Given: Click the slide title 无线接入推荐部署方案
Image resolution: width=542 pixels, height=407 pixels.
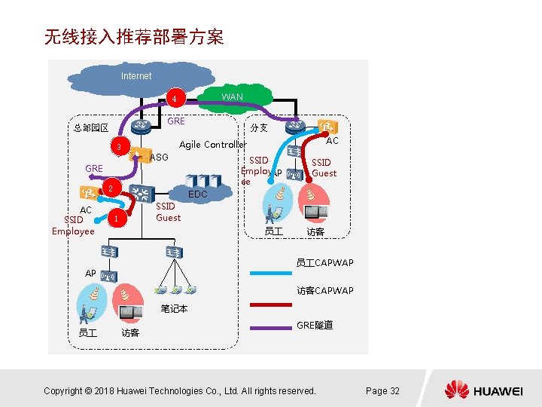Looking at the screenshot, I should click(134, 37).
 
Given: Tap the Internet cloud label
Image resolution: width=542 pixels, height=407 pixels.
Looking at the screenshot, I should click(136, 76).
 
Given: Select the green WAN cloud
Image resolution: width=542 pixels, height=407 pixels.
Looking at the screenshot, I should click(232, 96).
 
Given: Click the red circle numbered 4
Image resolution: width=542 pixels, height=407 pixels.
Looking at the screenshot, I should click(174, 99).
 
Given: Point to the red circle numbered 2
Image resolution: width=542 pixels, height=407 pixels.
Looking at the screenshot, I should click(110, 188).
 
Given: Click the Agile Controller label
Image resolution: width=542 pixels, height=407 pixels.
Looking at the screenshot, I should click(212, 145).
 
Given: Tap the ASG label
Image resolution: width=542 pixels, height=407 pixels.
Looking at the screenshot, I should click(159, 158).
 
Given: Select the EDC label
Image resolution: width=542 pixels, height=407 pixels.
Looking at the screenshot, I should click(198, 194).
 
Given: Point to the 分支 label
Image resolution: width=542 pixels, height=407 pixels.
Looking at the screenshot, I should click(259, 128).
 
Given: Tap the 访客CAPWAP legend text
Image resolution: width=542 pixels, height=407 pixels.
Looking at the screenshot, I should click(324, 291).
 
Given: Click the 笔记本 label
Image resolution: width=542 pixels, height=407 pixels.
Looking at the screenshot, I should click(174, 309).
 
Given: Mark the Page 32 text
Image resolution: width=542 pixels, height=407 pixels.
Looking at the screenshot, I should click(382, 390).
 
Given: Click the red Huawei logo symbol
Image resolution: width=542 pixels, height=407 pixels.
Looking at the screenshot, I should click(456, 390).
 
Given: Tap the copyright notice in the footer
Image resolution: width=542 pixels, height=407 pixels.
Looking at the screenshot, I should click(180, 390).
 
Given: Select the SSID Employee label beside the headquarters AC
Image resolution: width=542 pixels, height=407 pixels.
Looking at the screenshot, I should click(73, 225).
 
